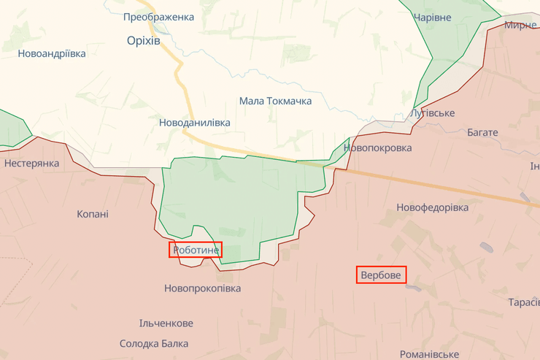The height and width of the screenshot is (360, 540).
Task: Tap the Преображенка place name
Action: click(158, 17)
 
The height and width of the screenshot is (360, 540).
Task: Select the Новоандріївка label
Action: click(52, 53)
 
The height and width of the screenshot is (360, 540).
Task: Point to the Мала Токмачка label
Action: click(275, 101)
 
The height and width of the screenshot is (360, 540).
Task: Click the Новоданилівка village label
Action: click(194, 123)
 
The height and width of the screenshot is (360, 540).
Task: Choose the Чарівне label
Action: click(432, 18)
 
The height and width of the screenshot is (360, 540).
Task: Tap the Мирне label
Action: click(520, 25)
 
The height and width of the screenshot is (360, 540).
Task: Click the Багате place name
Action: click(482, 132)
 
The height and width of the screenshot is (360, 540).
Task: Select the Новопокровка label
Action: click(377, 148)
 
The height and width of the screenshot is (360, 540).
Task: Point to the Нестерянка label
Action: click(31, 163)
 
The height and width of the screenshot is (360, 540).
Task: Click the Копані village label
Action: click(93, 214)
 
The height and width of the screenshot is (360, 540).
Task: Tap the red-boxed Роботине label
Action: click(196, 250)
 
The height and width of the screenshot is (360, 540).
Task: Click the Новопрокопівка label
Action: click(202, 288)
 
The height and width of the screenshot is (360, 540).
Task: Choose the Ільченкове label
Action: click(166, 323)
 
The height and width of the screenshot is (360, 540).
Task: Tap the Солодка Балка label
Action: click(154, 343)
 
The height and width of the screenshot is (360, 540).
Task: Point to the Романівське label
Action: click(430, 353)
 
